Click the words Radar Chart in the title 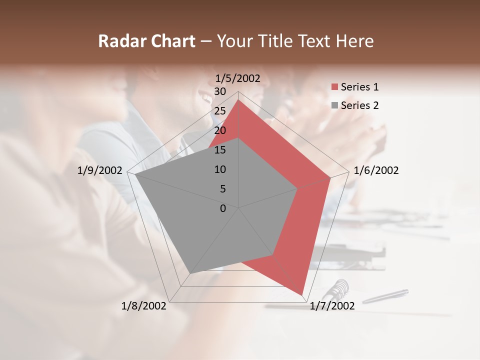(146, 41)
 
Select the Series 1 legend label (359, 87)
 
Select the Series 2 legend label (359, 105)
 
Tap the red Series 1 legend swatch (334, 87)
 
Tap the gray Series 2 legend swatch (334, 105)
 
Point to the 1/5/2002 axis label (238, 78)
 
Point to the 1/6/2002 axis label (376, 170)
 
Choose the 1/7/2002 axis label (332, 306)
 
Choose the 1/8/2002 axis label (143, 306)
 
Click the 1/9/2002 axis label (99, 170)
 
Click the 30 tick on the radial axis (220, 91)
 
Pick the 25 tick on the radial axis (220, 111)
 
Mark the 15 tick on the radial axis (220, 150)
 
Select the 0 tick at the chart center (223, 208)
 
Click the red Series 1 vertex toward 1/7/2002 (302, 294)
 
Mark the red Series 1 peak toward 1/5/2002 (238, 100)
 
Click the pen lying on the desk (385, 296)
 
